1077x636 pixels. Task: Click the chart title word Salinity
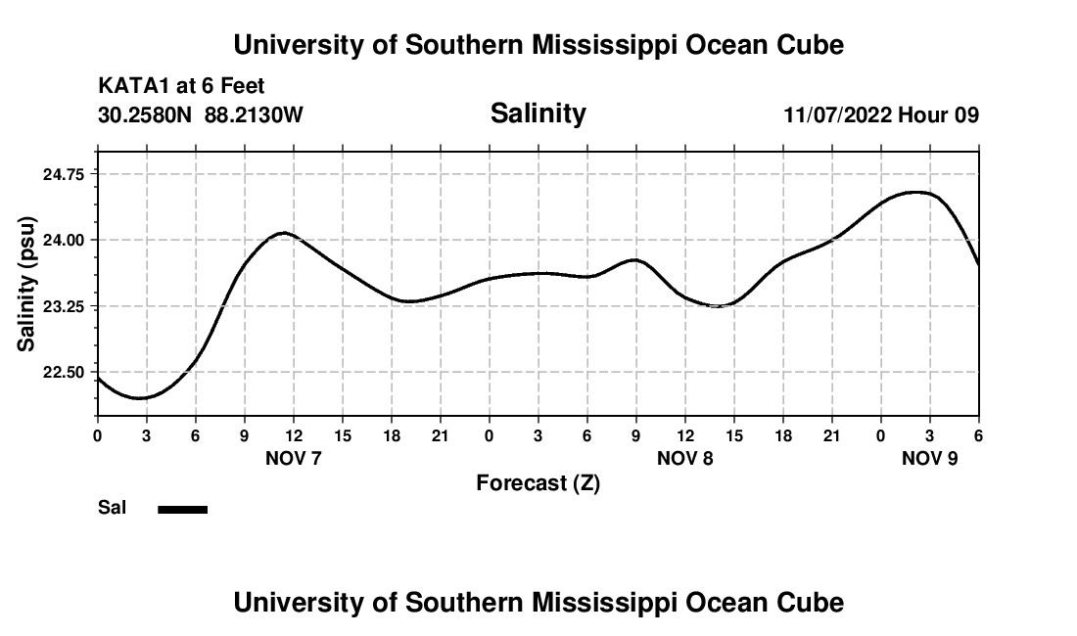coord(538,114)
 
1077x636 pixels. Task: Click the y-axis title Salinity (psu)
coord(26,284)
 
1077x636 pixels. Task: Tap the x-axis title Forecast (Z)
coord(538,483)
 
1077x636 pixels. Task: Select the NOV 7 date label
coord(294,458)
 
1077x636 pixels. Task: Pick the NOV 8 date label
coord(685,458)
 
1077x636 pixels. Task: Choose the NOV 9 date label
coord(930,458)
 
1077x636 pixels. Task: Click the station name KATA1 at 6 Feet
coord(181,87)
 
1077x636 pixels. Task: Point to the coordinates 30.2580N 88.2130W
coord(201,115)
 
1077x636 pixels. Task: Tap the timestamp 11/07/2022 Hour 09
coord(881,115)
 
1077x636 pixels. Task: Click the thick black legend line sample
coord(183,509)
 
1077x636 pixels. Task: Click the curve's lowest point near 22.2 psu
coord(140,398)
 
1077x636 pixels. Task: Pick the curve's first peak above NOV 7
coord(284,233)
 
